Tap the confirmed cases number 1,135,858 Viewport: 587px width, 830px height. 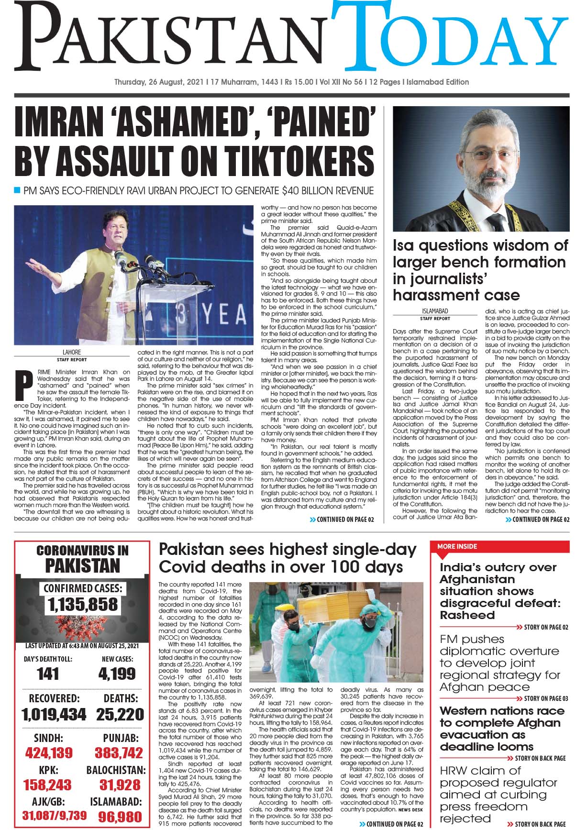click(x=82, y=605)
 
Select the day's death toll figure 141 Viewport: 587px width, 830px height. click(x=48, y=674)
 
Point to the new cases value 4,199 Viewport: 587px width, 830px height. click(x=117, y=674)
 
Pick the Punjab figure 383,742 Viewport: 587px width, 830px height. click(x=119, y=753)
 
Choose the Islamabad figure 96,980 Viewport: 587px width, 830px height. click(x=120, y=816)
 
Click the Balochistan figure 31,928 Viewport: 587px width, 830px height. click(x=120, y=785)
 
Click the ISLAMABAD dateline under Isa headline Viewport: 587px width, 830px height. click(x=434, y=311)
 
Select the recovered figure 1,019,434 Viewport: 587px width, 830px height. click(x=54, y=715)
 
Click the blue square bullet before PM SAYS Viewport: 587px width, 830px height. click(x=18, y=190)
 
